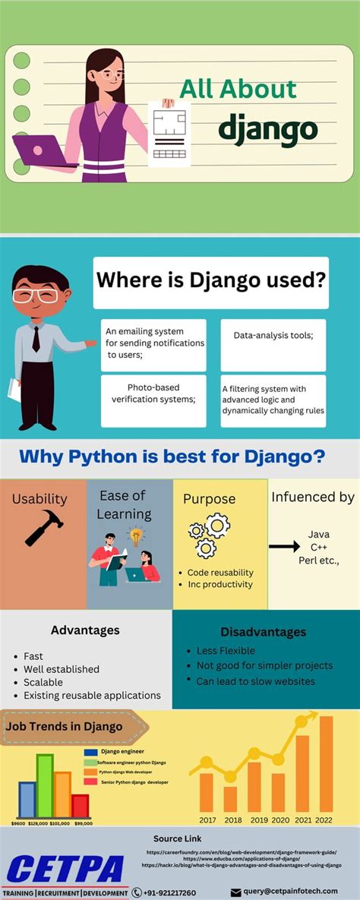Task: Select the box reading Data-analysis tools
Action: coord(273,335)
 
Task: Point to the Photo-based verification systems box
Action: coord(153,393)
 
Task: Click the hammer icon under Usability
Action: coord(44,527)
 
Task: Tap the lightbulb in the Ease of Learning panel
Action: coord(136,536)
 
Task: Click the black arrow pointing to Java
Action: coord(284,546)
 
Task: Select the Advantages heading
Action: coord(85,630)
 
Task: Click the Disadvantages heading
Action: coord(263,632)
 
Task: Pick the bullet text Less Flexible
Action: coord(226,650)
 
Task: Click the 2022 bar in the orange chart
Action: coord(327,763)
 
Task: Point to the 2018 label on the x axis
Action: coord(232,819)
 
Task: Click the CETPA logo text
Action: coord(65,868)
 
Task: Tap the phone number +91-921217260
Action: coord(169,892)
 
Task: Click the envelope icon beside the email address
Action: coord(235,892)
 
